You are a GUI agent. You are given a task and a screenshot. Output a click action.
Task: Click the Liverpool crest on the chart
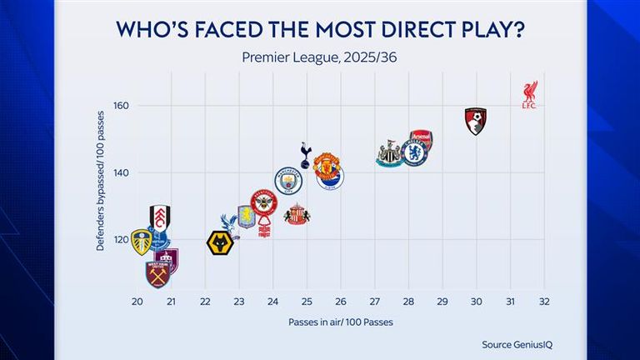529,94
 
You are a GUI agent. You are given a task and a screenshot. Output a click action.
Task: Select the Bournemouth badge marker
476,121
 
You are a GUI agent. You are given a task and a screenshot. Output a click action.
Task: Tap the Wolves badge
220,242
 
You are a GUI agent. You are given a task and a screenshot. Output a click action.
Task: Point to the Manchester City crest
288,180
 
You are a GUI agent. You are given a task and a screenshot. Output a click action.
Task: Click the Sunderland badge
297,214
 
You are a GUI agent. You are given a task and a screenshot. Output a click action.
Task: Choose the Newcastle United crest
389,155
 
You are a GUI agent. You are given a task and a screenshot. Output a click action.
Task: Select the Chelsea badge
413,152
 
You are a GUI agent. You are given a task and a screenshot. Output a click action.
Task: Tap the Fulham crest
160,217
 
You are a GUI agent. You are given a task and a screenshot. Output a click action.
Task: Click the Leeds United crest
142,242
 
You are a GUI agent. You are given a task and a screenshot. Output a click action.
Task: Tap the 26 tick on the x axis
341,301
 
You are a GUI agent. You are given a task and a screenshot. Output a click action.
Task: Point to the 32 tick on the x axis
543,301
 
